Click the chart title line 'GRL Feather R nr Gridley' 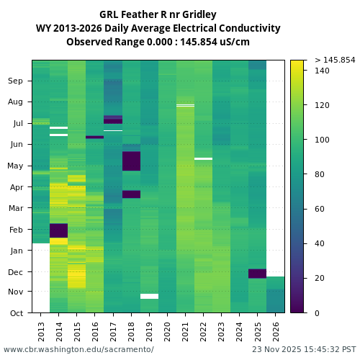[158, 14]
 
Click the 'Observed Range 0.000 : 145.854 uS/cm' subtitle [158, 42]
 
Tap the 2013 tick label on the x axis [41, 330]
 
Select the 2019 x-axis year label [149, 330]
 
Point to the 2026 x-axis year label [276, 330]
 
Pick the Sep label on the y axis [16, 81]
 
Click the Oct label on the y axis [17, 313]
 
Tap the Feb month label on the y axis [16, 230]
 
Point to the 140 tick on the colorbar [322, 71]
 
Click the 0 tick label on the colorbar [318, 313]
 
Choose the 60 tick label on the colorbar [320, 209]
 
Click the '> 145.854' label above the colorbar [335, 60]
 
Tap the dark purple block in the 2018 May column [131, 161]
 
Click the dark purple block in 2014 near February [58, 230]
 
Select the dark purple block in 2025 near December [257, 274]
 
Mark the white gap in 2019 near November [149, 296]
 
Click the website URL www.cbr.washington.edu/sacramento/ [78, 349]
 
